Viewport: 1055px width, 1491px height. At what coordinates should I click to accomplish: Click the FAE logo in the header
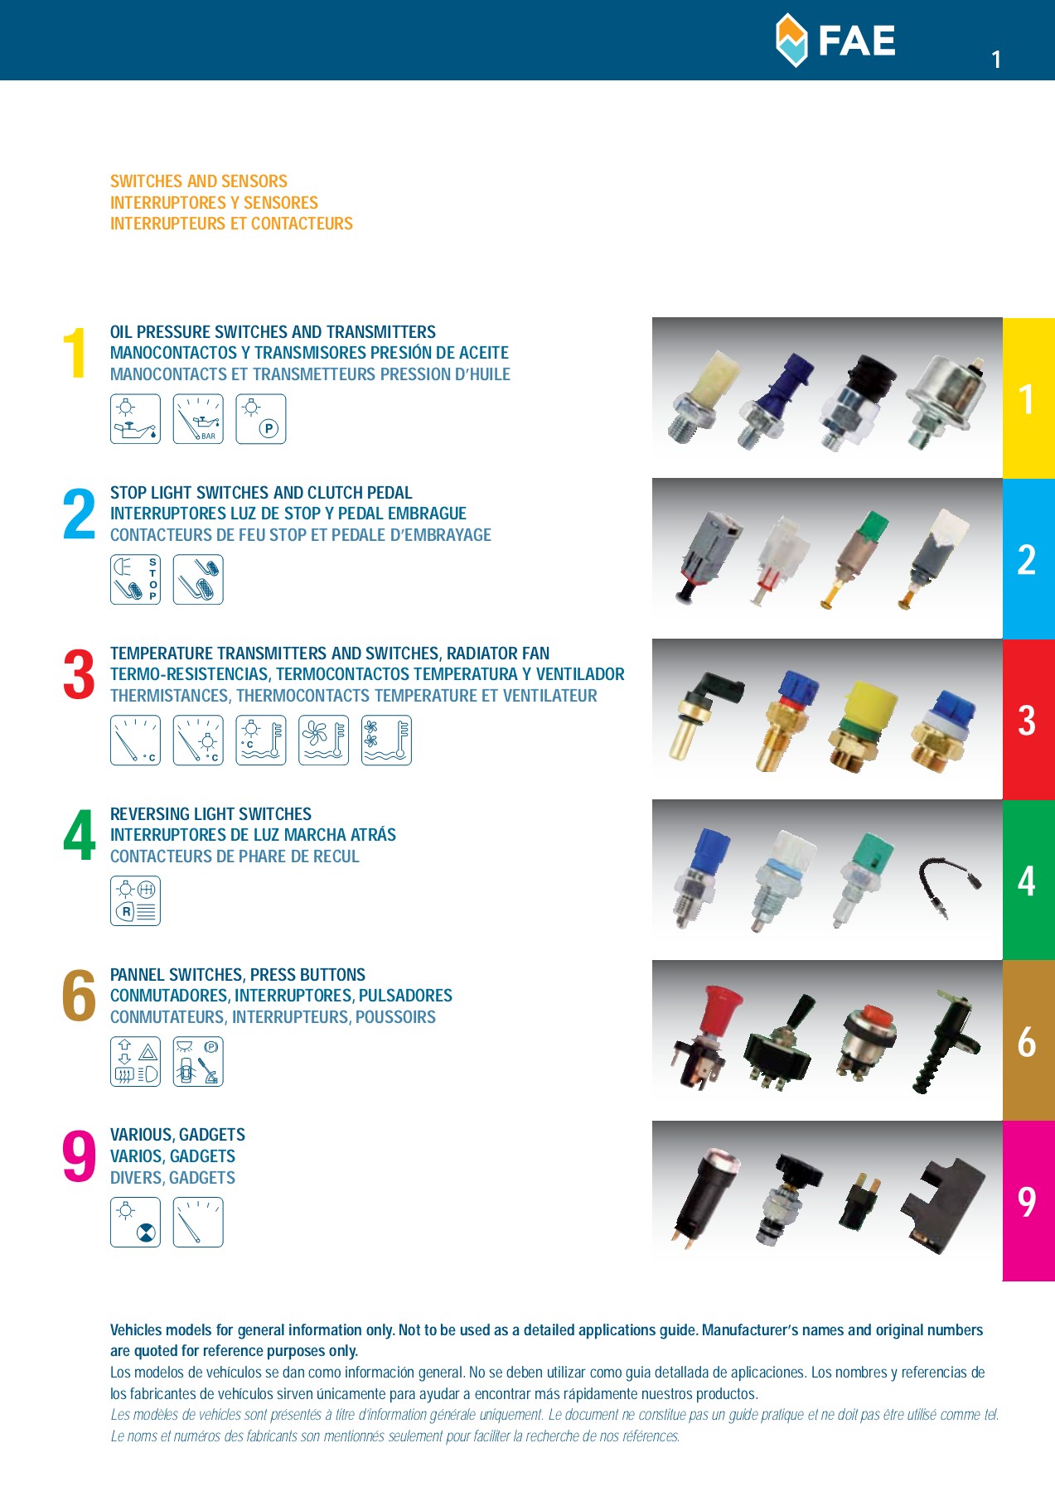835,40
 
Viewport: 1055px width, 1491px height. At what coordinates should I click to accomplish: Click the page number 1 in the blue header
996,60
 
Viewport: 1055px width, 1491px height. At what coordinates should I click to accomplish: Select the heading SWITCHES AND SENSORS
199,181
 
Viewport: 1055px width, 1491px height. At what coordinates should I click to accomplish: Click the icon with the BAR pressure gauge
198,419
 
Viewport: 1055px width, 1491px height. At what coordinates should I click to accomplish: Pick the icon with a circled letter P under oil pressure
261,419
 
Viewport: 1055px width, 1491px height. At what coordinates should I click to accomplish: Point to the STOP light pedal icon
135,580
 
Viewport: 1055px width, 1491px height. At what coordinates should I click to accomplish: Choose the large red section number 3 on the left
79,675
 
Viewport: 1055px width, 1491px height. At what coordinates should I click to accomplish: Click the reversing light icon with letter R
135,901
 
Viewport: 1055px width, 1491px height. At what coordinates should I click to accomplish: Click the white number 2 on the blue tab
1027,560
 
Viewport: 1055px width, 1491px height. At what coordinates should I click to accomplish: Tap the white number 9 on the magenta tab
1027,1202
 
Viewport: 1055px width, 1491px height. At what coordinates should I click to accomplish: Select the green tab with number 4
1028,880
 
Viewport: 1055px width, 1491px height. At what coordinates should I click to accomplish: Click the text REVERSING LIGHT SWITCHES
211,814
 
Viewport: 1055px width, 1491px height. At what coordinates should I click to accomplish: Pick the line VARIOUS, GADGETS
177,1135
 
